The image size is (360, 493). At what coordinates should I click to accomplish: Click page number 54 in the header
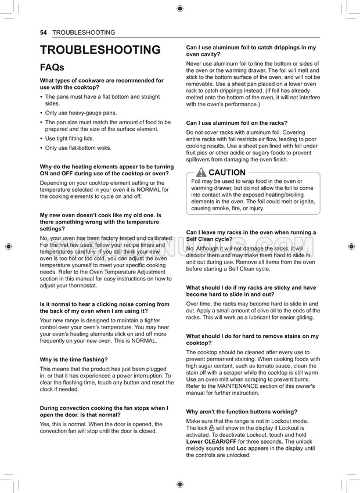(44, 33)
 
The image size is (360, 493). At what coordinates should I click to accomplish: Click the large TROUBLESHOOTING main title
(100, 51)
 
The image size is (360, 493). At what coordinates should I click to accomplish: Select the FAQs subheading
(52, 68)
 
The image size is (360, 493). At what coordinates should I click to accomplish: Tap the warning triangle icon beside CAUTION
(201, 172)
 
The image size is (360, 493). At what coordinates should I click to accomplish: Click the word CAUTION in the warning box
(227, 172)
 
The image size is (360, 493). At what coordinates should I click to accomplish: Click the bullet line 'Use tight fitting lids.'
(69, 139)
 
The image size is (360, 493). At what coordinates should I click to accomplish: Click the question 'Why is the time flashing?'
(74, 360)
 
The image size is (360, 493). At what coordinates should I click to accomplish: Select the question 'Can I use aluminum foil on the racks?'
(236, 123)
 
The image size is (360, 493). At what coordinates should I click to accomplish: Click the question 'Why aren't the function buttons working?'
(242, 412)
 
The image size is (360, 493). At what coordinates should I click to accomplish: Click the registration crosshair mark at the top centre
(180, 9)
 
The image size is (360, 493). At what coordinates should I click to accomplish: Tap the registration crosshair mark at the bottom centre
(180, 484)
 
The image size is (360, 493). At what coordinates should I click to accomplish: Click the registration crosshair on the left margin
(8, 246)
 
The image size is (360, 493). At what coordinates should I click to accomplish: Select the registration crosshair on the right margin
(352, 246)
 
